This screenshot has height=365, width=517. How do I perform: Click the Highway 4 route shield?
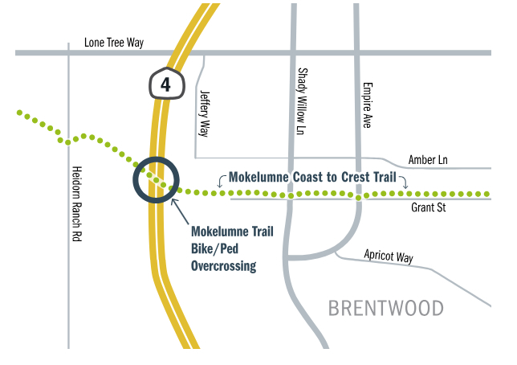tap(166, 84)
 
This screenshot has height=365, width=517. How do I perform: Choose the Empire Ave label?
tap(367, 105)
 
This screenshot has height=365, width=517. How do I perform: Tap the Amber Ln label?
tap(428, 160)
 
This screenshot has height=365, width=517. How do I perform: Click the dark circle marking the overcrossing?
tap(156, 179)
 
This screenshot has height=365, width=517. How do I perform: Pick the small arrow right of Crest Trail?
tap(405, 182)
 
